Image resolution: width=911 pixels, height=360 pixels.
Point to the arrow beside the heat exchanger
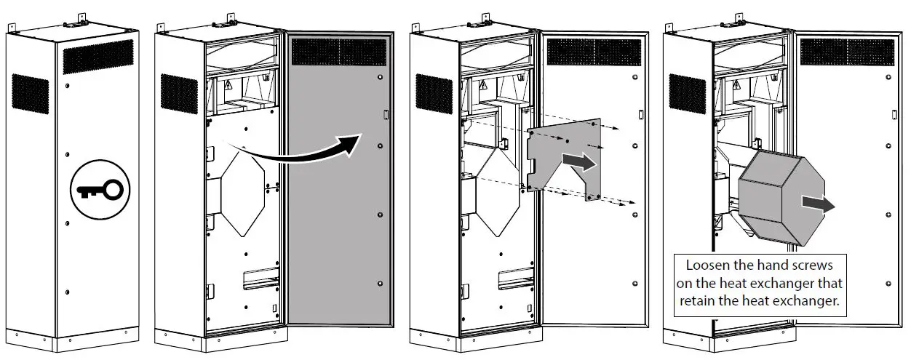pyautogui.click(x=817, y=203)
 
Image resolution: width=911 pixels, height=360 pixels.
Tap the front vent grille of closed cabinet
pyautogui.click(x=99, y=56)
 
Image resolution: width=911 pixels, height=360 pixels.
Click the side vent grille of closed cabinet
pyautogui.click(x=30, y=92)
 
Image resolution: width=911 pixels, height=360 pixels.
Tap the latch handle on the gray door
pyautogui.click(x=386, y=114)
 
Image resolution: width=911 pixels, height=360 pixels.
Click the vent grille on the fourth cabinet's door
pyautogui.click(x=847, y=51)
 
